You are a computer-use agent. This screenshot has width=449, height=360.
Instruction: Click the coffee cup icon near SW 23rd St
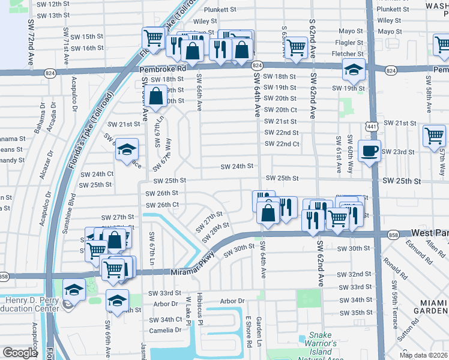pos(369,150)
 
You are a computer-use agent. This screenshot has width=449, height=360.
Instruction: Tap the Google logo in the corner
pos(20,353)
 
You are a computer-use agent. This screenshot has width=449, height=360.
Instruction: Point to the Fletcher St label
pos(348,54)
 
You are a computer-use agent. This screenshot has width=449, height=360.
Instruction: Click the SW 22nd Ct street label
pos(282,144)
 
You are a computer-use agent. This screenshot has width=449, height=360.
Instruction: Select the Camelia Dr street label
pos(166,331)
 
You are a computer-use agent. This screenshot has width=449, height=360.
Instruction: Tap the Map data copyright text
pos(424,355)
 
